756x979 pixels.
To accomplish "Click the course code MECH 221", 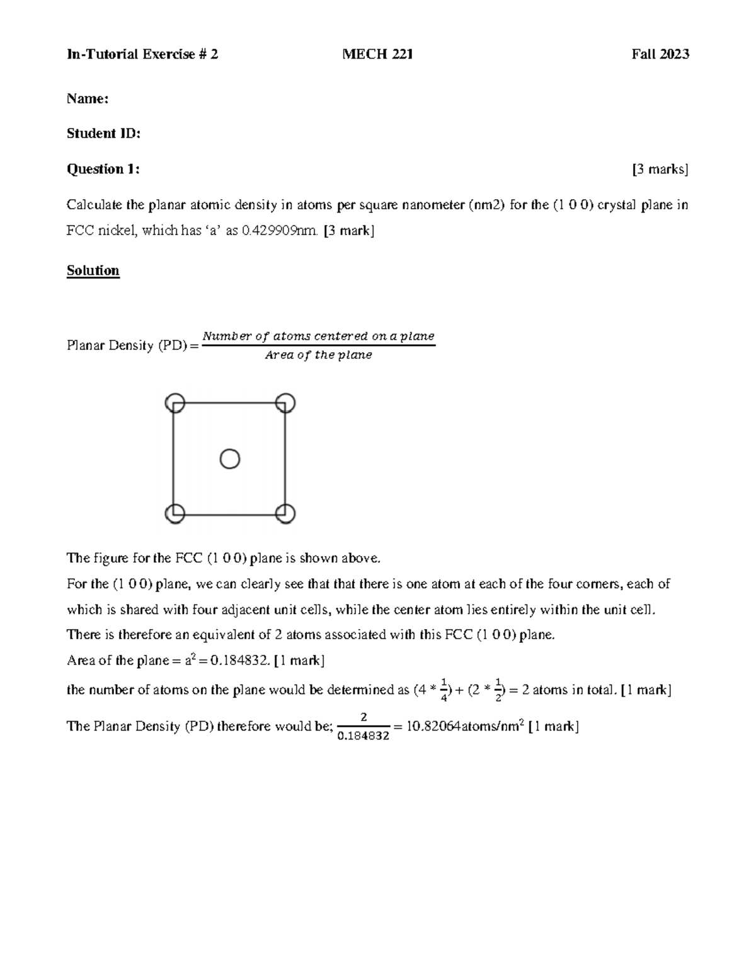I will pyautogui.click(x=377, y=54).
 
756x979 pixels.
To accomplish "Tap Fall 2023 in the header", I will pyautogui.click(x=660, y=54).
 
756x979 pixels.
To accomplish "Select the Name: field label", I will pyautogui.click(x=88, y=99).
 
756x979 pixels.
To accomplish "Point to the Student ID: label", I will pyautogui.click(x=103, y=134).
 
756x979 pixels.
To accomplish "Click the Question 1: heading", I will pyautogui.click(x=103, y=169).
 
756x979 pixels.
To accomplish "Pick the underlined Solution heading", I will pyautogui.click(x=93, y=270).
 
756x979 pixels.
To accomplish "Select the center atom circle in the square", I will pyautogui.click(x=229, y=459).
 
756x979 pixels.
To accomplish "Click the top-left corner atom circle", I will pyautogui.click(x=175, y=403).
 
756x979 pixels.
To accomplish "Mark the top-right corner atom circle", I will pyautogui.click(x=285, y=403).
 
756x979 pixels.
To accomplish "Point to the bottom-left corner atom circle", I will pyautogui.click(x=175, y=514).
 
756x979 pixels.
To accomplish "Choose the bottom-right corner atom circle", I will pyautogui.click(x=285, y=514).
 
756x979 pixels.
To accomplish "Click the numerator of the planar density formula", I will pyautogui.click(x=318, y=336).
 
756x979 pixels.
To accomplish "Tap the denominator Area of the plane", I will pyautogui.click(x=318, y=355).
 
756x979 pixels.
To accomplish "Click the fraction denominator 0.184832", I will pyautogui.click(x=364, y=735).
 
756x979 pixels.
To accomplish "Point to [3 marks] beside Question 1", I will pyautogui.click(x=660, y=169).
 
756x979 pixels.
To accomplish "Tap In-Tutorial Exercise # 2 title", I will pyautogui.click(x=142, y=54).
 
